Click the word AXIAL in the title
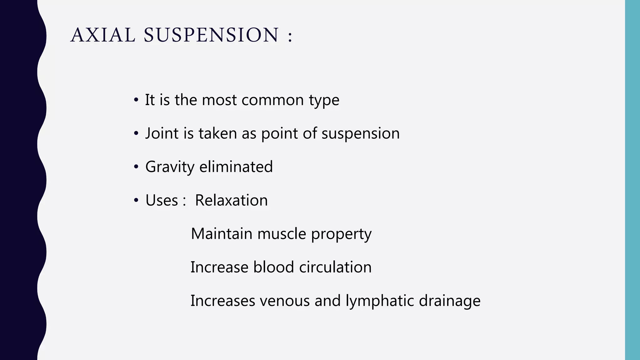tap(103, 35)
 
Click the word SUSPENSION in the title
tap(211, 35)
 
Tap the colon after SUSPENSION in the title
tap(290, 36)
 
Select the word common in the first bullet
tap(272, 100)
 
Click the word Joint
tap(162, 133)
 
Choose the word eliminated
tap(236, 167)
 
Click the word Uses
tap(162, 200)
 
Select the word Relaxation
tap(231, 200)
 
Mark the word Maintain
tap(222, 234)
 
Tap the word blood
tap(273, 267)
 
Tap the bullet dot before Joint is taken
tap(136, 134)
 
